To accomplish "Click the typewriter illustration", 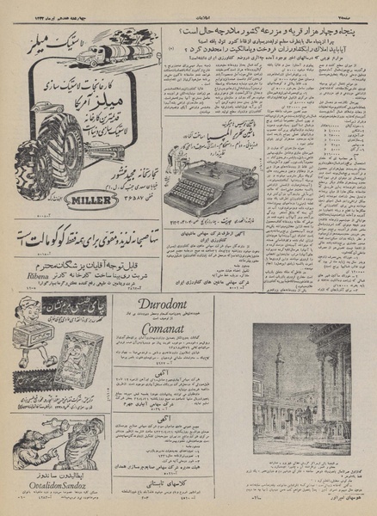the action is (205, 184).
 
